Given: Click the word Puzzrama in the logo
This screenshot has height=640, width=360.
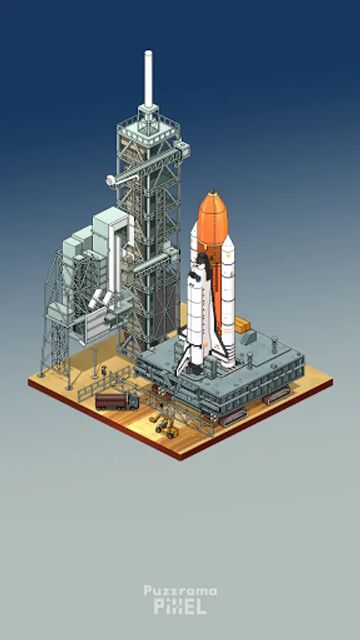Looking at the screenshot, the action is [180, 591].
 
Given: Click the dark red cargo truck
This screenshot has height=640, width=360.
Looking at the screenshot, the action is [117, 400].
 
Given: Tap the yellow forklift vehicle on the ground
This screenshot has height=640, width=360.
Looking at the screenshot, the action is [164, 426].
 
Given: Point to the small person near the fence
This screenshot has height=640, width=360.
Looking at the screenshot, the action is [104, 370].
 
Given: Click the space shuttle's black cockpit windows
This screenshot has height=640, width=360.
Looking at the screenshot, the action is [198, 277].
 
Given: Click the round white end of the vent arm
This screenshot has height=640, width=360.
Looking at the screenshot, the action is [110, 181].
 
